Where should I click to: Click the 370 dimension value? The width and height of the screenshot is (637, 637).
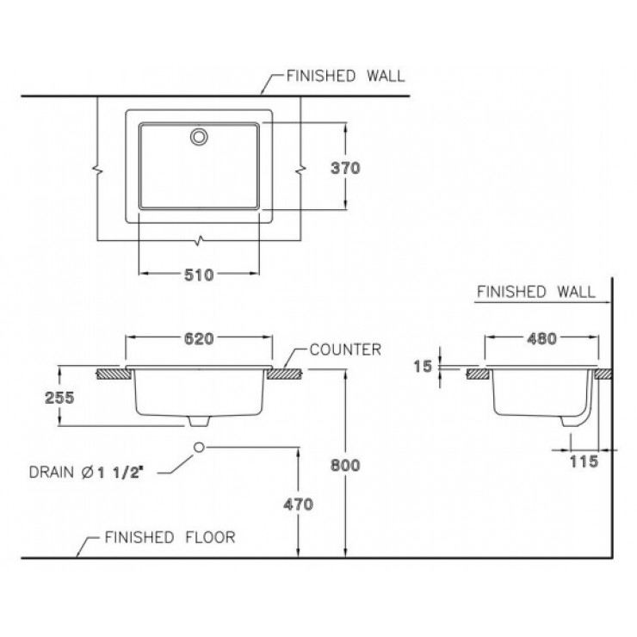tap(345, 168)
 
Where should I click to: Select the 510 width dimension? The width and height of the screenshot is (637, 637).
tap(199, 275)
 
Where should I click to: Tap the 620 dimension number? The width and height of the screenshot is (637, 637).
tap(199, 338)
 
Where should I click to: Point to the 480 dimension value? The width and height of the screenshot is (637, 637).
tap(542, 338)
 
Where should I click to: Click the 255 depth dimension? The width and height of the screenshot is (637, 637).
tap(59, 398)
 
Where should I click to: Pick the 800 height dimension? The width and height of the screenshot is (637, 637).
tap(345, 465)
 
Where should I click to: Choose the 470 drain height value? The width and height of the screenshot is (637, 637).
tap(298, 504)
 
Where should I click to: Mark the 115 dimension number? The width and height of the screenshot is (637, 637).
tap(584, 461)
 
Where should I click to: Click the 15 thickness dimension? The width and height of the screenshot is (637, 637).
tap(423, 367)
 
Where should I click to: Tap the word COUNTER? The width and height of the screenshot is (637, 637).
tap(345, 349)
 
